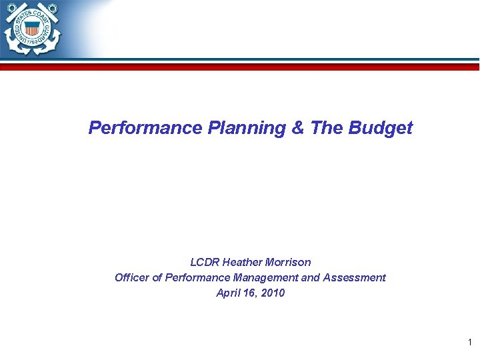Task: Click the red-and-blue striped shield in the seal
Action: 31,28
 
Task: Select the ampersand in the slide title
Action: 298,128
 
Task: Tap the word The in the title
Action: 326,128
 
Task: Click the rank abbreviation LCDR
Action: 205,262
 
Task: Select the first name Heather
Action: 243,262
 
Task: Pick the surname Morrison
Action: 289,262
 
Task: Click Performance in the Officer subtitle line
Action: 193,277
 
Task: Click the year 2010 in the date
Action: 273,293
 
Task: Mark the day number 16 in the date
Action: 251,293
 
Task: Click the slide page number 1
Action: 469,343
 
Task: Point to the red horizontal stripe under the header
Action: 267,67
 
